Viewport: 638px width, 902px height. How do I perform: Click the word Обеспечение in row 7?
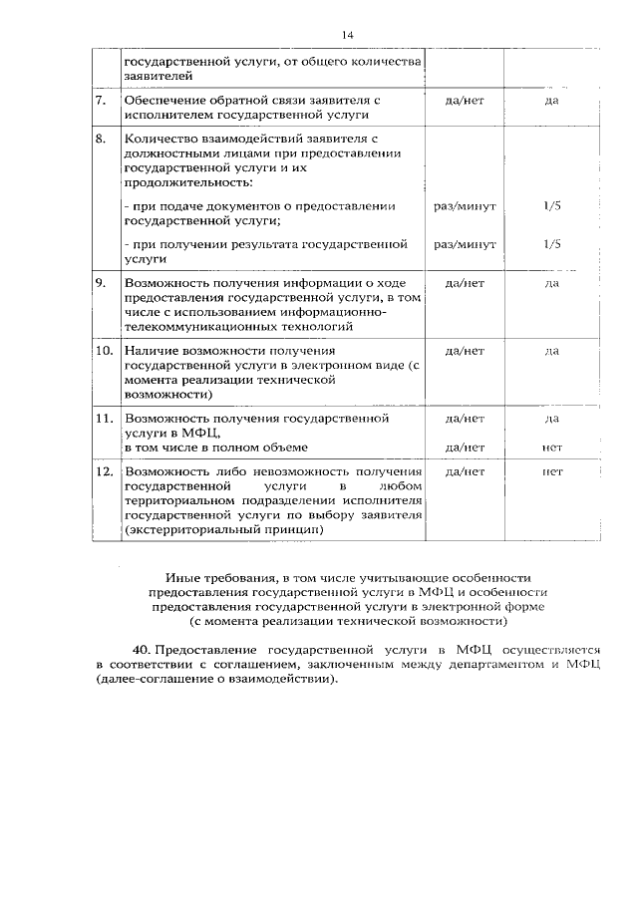162,102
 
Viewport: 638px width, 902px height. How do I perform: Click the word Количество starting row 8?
159,140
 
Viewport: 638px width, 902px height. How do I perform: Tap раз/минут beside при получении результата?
465,243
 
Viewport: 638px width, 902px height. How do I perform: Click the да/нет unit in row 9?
465,283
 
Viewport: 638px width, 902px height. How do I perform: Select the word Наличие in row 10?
150,351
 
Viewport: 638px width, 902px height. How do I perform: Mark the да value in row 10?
551,351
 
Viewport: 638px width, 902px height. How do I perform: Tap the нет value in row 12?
552,470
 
